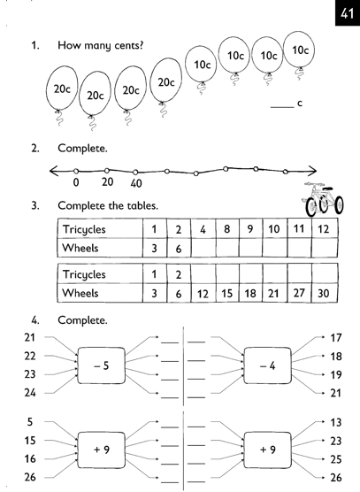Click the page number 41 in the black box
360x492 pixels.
point(348,13)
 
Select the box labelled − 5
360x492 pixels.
point(102,365)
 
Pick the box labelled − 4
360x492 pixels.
point(267,365)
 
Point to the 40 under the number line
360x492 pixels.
point(136,183)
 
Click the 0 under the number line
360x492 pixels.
point(76,182)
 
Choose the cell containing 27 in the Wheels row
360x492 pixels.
point(299,293)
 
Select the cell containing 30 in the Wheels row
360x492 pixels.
point(325,293)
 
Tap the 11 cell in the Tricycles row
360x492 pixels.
point(299,228)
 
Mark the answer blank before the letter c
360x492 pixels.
point(282,107)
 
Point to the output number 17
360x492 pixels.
point(335,338)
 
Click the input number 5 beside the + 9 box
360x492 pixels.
point(30,422)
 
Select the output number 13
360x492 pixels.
point(335,423)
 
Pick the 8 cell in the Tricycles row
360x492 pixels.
point(227,228)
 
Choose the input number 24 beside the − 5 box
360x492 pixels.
point(30,393)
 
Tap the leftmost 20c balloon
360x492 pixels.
point(62,88)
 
